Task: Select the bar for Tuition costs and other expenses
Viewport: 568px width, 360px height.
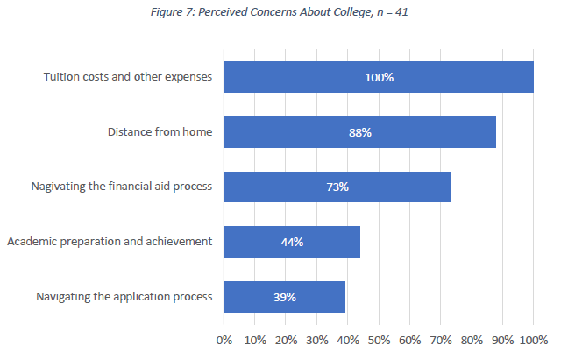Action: tap(456, 77)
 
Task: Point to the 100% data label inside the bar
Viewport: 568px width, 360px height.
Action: tap(379, 77)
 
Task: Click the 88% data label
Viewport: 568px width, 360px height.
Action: tap(360, 132)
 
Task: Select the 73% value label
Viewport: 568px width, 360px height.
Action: tap(337, 187)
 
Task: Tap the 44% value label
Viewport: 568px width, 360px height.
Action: tap(292, 242)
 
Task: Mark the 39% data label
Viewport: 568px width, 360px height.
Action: tap(284, 297)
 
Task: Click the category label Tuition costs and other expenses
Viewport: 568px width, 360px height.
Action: tap(128, 77)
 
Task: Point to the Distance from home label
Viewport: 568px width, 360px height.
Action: tap(160, 132)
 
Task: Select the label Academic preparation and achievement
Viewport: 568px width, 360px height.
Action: tap(109, 242)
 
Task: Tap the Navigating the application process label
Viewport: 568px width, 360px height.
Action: tap(124, 297)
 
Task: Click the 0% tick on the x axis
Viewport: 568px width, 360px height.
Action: tap(224, 339)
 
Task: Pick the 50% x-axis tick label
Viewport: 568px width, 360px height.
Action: tap(379, 339)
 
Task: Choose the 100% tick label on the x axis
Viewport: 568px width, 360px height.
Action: tap(533, 339)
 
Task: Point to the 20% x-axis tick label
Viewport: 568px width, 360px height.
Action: tap(286, 339)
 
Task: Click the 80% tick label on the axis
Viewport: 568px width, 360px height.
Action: tap(472, 339)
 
